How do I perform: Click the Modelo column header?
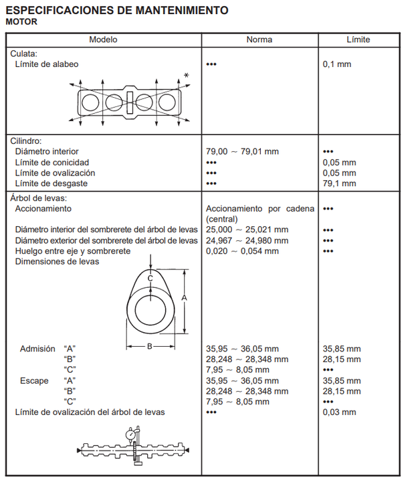(104, 39)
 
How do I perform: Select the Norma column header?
(260, 39)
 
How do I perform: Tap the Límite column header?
(358, 39)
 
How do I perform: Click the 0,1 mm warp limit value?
(336, 64)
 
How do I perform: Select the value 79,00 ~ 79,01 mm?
(242, 151)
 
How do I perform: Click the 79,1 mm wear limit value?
(338, 183)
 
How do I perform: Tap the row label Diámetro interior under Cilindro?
(47, 151)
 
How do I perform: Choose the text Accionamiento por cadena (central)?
(260, 214)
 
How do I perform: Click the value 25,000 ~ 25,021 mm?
(247, 230)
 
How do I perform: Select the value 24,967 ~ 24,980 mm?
(247, 240)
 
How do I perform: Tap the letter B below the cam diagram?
(150, 346)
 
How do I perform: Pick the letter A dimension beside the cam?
(183, 298)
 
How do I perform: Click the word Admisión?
(38, 349)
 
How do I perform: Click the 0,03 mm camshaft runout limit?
(338, 412)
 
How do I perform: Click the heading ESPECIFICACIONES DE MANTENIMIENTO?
(116, 11)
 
